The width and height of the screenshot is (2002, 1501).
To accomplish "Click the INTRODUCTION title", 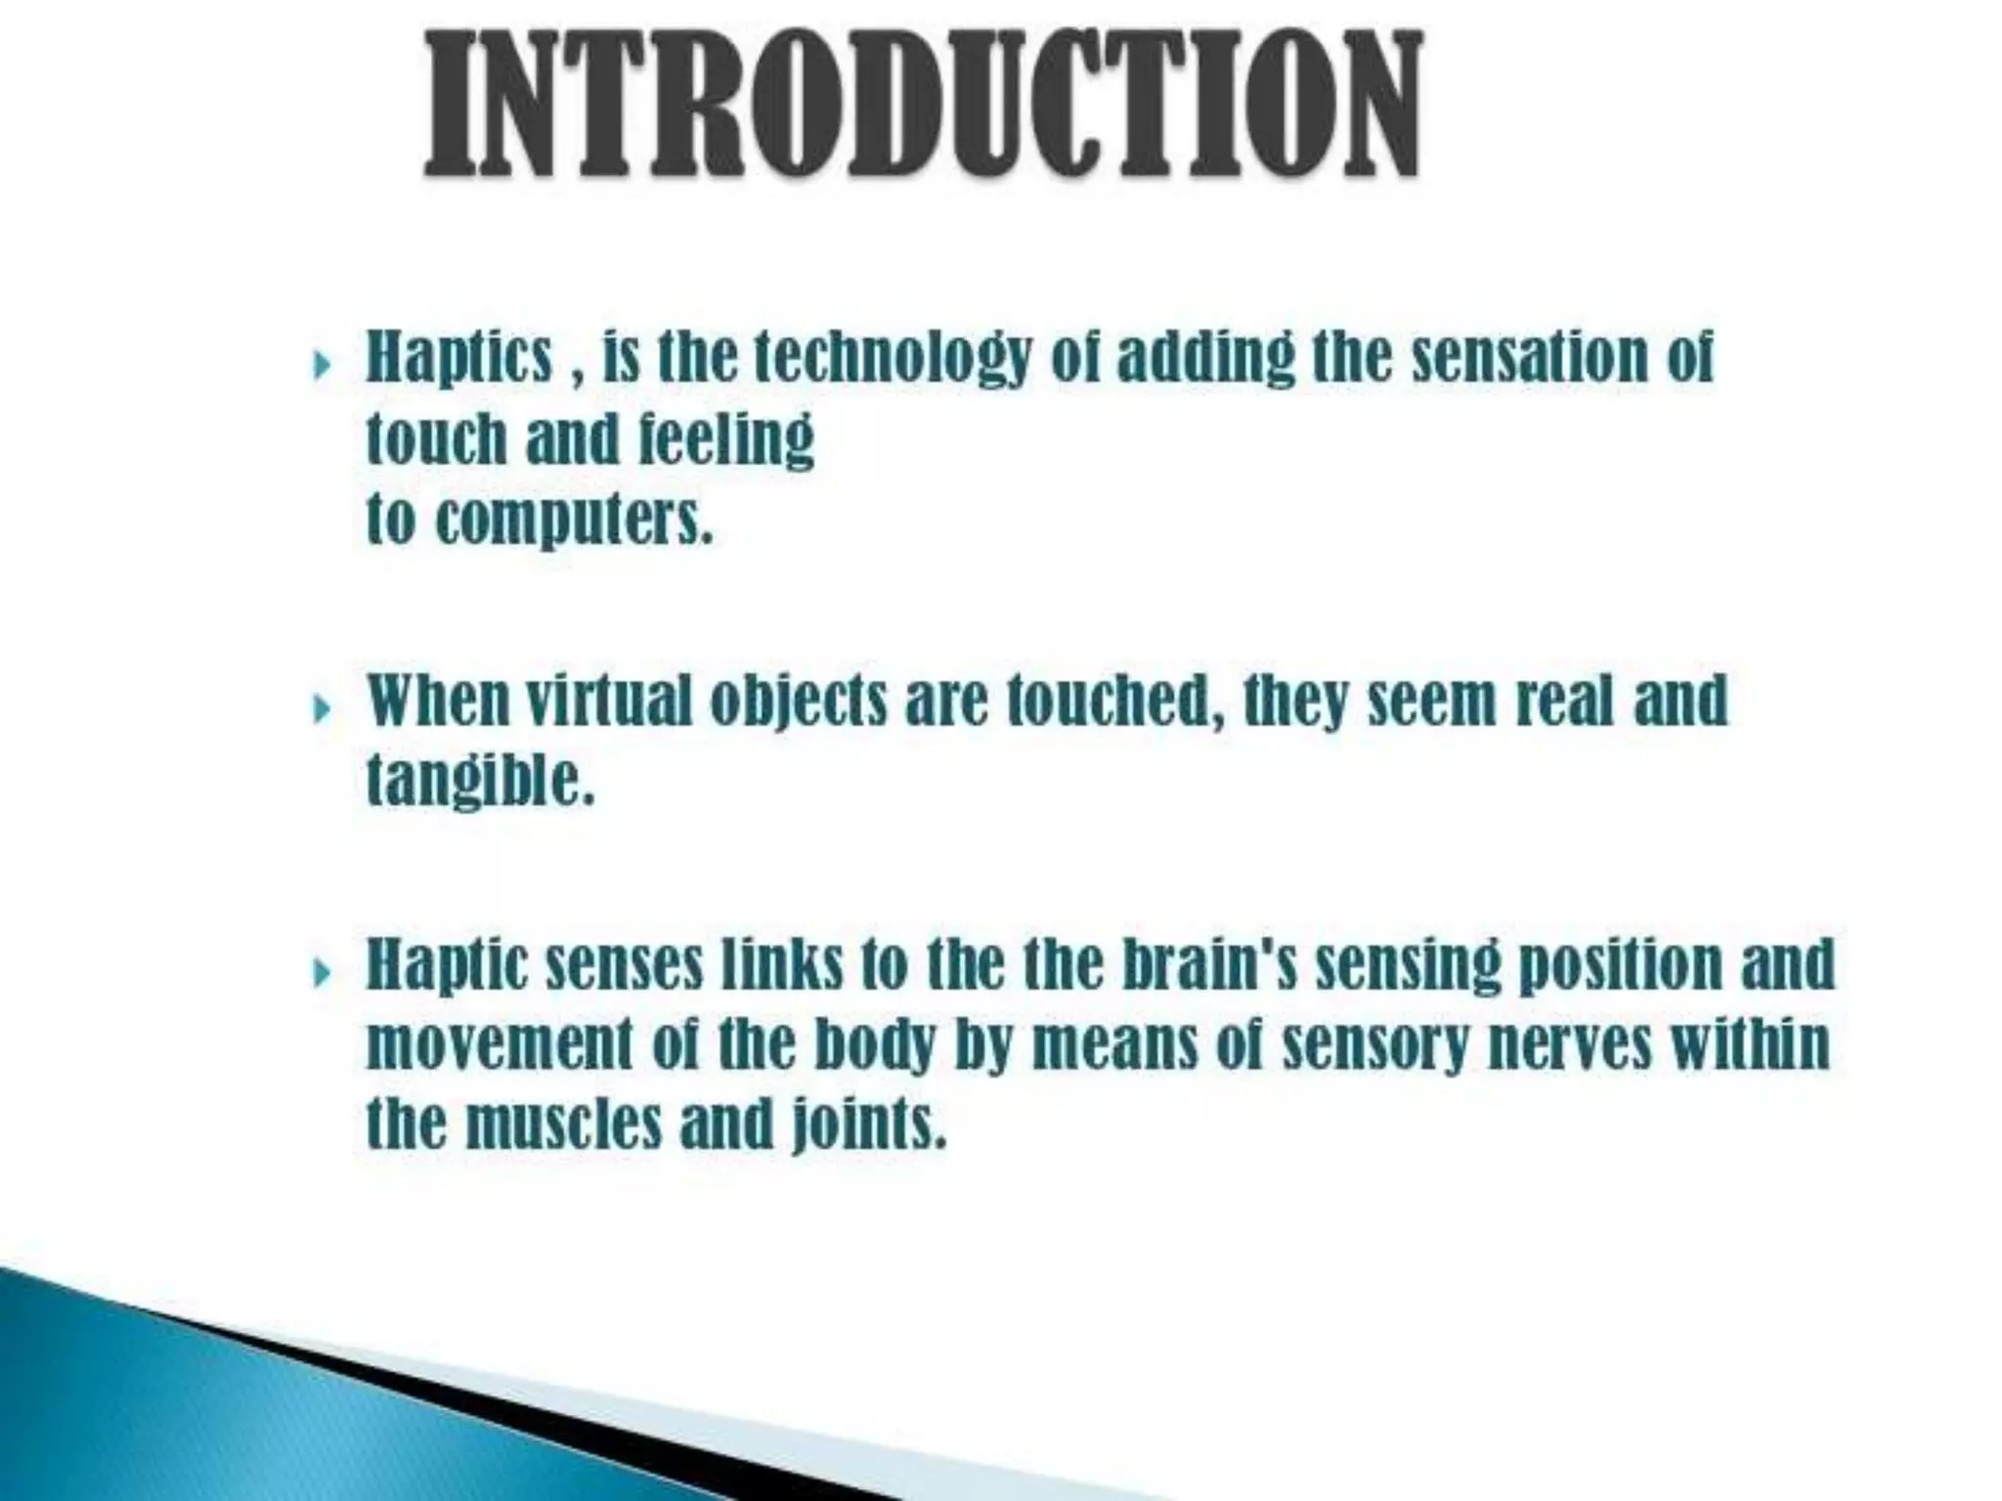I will coord(923,106).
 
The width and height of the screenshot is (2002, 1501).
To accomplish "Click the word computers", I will coord(575,521).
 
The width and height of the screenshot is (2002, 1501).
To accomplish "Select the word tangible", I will coord(480,782).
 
